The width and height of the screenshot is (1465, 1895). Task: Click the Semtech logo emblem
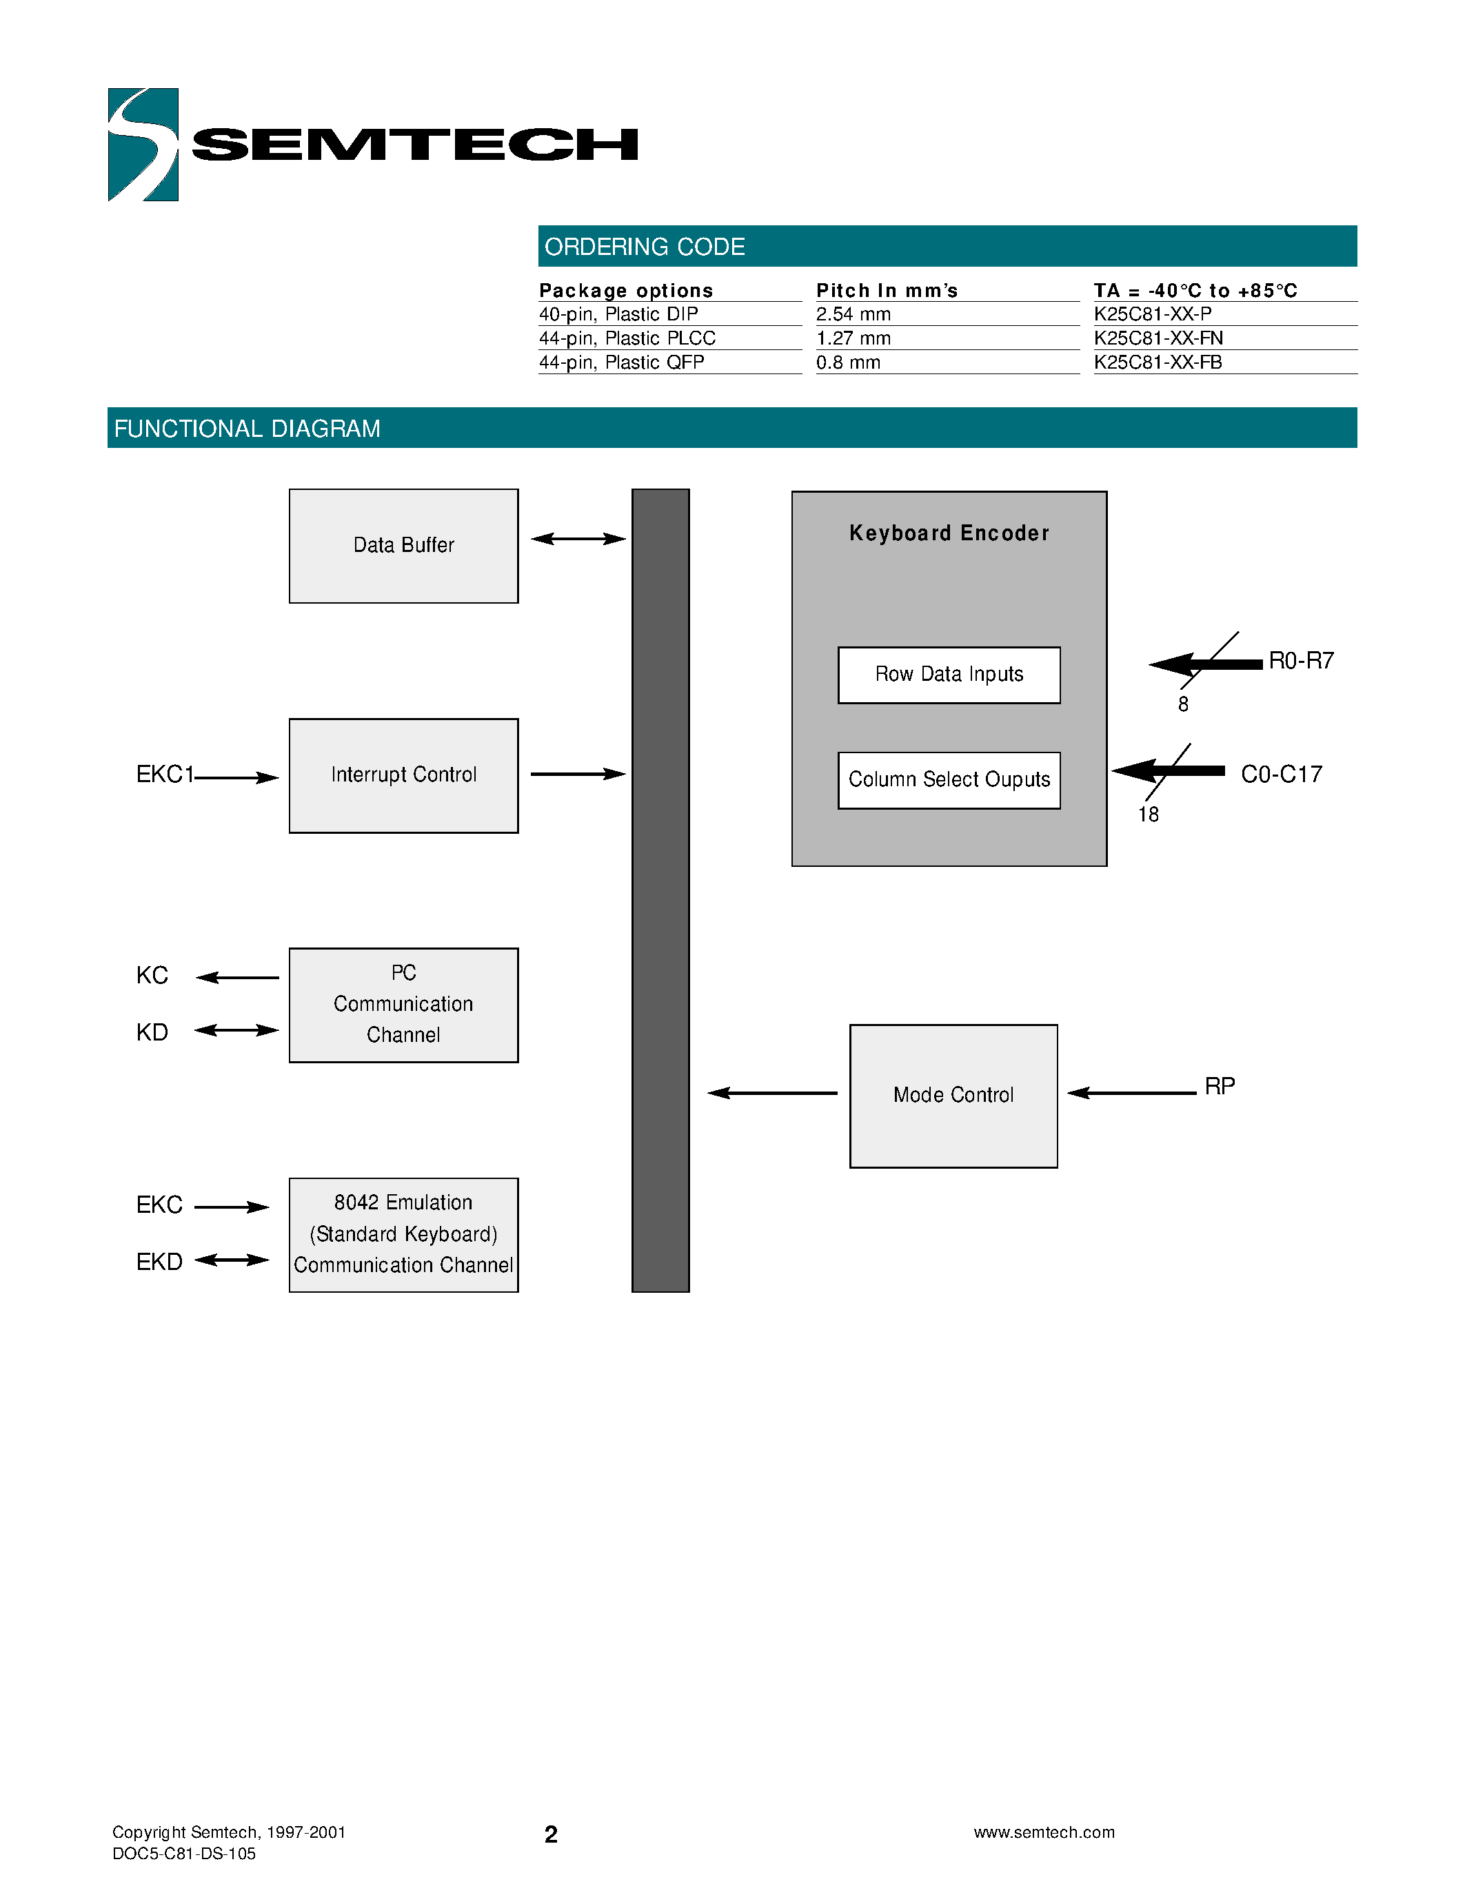143,144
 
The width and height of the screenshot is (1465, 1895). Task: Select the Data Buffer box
403,546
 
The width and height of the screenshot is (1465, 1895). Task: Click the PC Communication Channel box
403,1004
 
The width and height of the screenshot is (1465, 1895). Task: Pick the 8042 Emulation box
403,1234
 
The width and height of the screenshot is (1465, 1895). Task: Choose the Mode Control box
953,1095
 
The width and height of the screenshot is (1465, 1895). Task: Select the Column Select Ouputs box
949,779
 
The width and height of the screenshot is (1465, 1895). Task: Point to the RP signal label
1220,1086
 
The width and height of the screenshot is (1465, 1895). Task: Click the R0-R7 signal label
1300,660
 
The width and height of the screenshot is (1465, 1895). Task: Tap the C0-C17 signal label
1281,774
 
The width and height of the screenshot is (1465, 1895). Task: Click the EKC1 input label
165,774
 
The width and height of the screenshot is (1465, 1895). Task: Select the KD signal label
152,1032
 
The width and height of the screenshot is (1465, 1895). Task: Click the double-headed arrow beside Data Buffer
578,539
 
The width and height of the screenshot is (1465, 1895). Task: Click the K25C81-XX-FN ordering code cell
1158,338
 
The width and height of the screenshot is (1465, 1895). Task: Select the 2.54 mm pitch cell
853,314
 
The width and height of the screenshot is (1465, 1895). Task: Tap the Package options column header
626,291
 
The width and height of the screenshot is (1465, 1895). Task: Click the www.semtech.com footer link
1043,1832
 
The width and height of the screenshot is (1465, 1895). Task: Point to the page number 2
550,1834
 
